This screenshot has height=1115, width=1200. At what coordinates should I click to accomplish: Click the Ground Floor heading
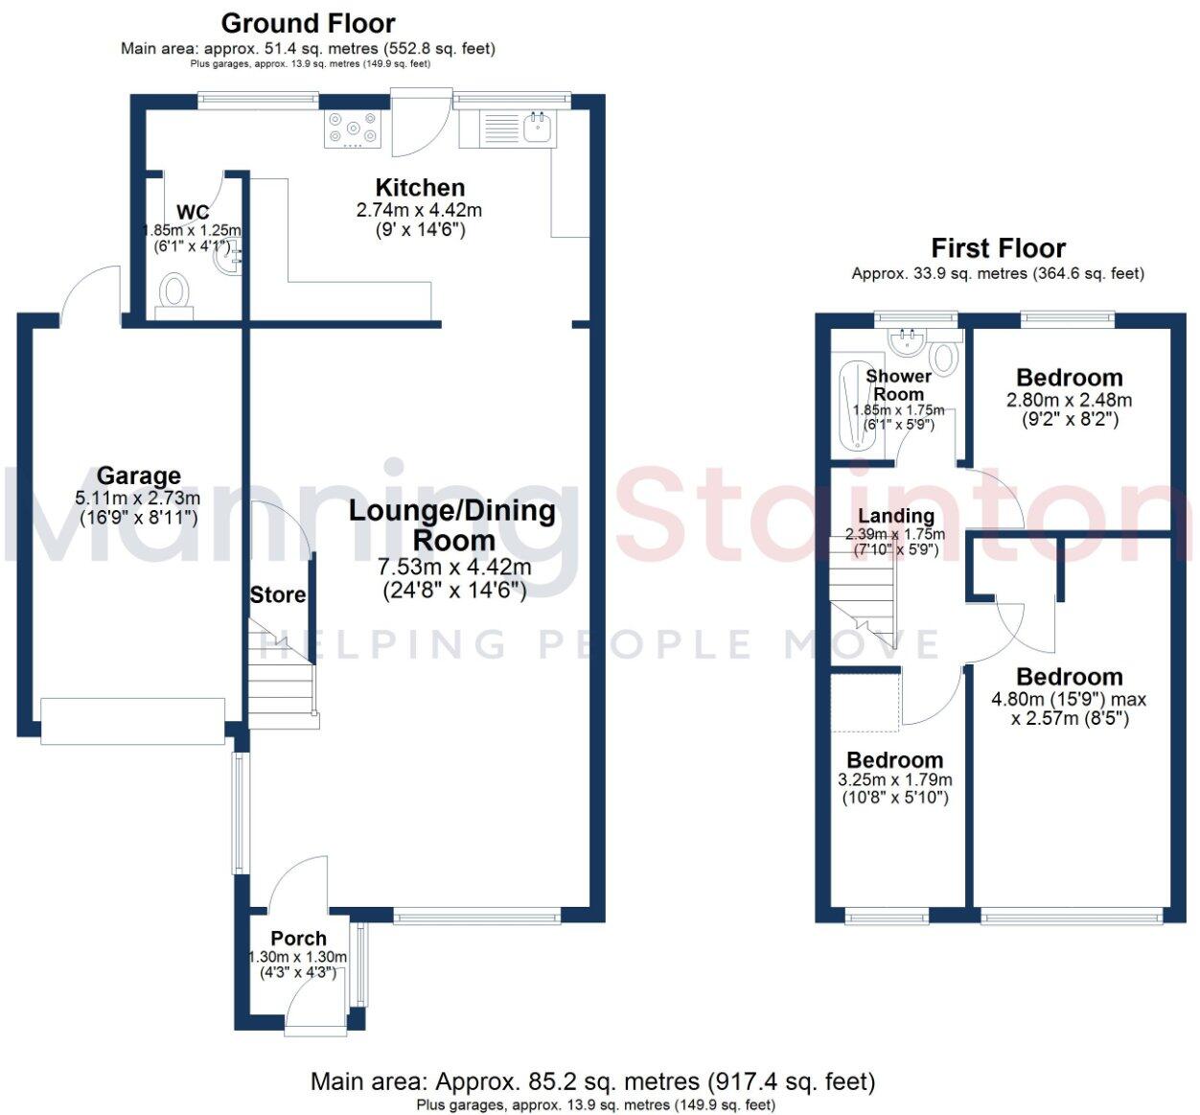(308, 23)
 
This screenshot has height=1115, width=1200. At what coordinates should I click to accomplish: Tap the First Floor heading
(998, 248)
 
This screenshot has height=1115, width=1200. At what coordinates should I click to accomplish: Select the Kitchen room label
(420, 188)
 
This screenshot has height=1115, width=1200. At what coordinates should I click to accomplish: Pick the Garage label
(138, 476)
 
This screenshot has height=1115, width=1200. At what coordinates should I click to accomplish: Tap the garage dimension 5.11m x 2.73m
(138, 498)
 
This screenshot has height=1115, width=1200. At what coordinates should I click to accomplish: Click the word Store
(278, 594)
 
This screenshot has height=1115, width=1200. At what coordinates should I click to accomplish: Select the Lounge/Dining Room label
(452, 524)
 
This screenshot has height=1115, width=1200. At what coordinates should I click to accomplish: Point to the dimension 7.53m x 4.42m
(454, 568)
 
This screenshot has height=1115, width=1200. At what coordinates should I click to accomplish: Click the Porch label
(298, 939)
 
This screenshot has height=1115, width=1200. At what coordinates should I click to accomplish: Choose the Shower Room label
(898, 384)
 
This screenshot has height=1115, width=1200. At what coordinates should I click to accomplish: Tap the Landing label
(895, 517)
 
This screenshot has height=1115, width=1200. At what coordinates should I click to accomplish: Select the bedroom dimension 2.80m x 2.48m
(1069, 400)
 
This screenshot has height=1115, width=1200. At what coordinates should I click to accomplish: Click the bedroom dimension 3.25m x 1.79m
(895, 779)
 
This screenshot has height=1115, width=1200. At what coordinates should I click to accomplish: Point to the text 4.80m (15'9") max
(1069, 699)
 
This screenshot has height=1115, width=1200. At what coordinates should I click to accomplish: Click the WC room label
(193, 212)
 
